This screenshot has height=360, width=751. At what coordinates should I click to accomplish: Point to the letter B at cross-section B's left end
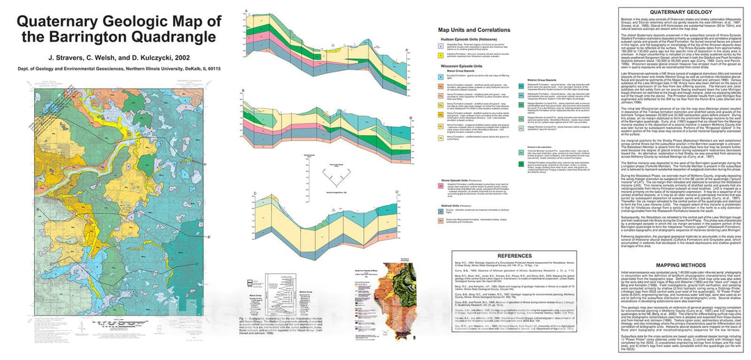pos(242,91)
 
